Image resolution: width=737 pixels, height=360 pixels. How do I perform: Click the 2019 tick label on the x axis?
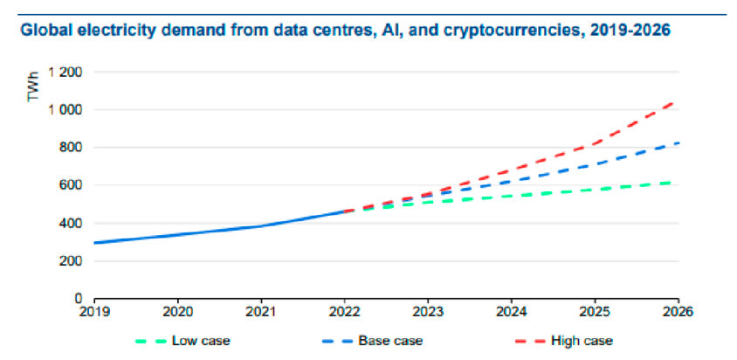click(94, 312)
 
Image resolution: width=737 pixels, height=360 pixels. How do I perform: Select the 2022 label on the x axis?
click(345, 312)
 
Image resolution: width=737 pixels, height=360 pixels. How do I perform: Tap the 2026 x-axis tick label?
click(678, 312)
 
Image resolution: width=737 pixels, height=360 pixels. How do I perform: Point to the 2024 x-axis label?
click(512, 312)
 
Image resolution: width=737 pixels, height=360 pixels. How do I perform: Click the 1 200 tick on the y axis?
click(69, 72)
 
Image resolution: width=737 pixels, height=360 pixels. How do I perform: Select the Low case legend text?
click(201, 340)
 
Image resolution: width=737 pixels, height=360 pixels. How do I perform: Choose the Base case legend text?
click(390, 340)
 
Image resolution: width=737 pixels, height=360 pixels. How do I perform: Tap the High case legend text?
click(582, 340)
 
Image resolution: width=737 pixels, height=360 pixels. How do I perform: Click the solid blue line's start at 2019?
click(95, 243)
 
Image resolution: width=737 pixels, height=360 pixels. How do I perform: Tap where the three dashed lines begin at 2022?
click(345, 211)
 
